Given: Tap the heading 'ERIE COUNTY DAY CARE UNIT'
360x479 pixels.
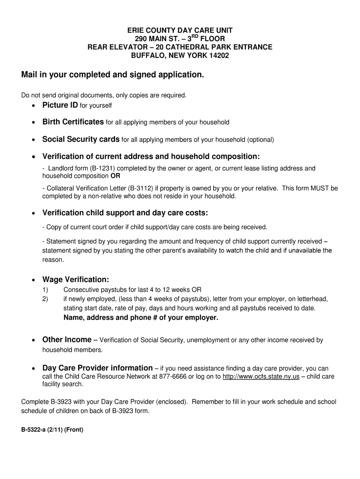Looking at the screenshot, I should coord(180,30).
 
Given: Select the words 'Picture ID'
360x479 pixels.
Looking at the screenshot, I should coord(60,105).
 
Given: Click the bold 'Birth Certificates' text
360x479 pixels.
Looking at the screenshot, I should coord(73,122).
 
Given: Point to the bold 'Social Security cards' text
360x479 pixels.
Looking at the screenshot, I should coord(81,139).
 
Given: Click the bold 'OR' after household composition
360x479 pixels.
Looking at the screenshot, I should coord(115,176).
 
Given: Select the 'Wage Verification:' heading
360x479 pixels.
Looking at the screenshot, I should coord(75,279).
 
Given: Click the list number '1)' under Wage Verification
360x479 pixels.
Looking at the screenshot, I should coord(45,290).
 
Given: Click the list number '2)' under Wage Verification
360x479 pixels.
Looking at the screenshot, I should coord(45,299).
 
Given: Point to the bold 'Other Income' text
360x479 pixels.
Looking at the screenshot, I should coord(67,340).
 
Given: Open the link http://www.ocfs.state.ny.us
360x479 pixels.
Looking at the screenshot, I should coord(261,377).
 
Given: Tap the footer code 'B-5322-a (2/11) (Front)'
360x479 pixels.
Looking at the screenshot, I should coord(52,430).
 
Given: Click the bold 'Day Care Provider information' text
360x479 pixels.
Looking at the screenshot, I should coord(97,368).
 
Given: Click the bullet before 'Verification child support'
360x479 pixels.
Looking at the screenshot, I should coord(33,213).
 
